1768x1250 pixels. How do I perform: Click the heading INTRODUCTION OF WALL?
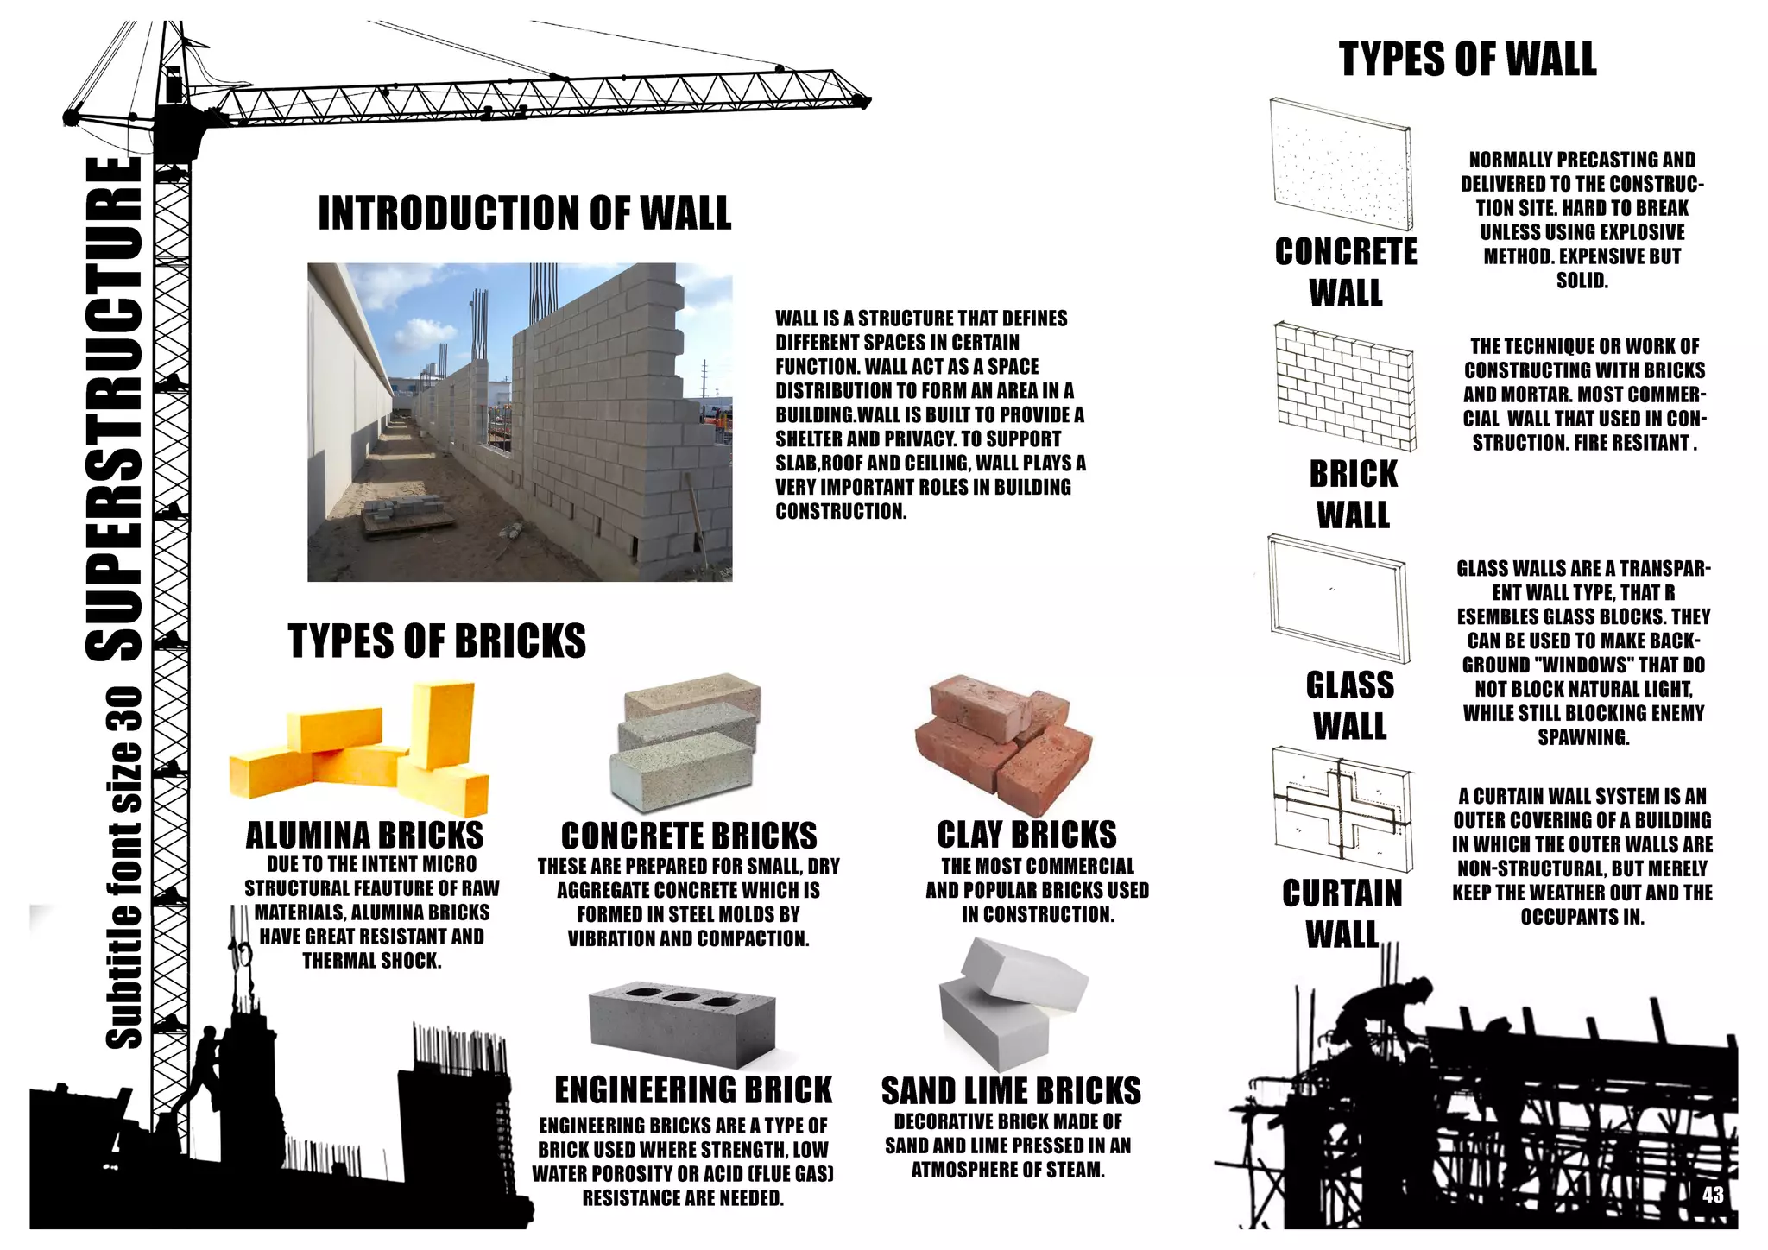coord(524,213)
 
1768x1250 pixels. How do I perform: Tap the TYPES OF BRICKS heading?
coord(436,641)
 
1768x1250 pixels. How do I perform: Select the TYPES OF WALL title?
coord(1468,60)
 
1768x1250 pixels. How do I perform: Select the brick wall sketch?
coord(1344,386)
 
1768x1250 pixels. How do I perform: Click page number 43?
coord(1713,1195)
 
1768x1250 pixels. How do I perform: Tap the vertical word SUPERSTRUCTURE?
coord(116,409)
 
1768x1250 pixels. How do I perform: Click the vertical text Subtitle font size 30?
coord(123,868)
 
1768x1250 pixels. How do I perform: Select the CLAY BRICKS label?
coord(1026,835)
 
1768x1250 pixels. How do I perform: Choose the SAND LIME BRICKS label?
coord(1011,1092)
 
